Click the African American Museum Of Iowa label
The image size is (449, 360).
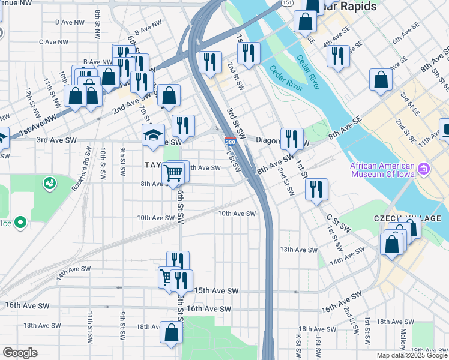tap(380, 170)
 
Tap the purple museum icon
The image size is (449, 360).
tap(424, 170)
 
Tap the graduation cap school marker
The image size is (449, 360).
tap(153, 135)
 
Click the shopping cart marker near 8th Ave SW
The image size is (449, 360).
tap(173, 173)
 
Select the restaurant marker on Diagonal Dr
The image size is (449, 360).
tap(292, 139)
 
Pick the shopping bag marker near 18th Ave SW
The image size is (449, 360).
tap(172, 333)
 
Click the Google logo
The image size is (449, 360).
tap(19, 353)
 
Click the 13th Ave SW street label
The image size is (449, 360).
tap(298, 249)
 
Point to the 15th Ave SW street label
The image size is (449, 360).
tap(216, 291)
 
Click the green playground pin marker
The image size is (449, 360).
tap(49, 182)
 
